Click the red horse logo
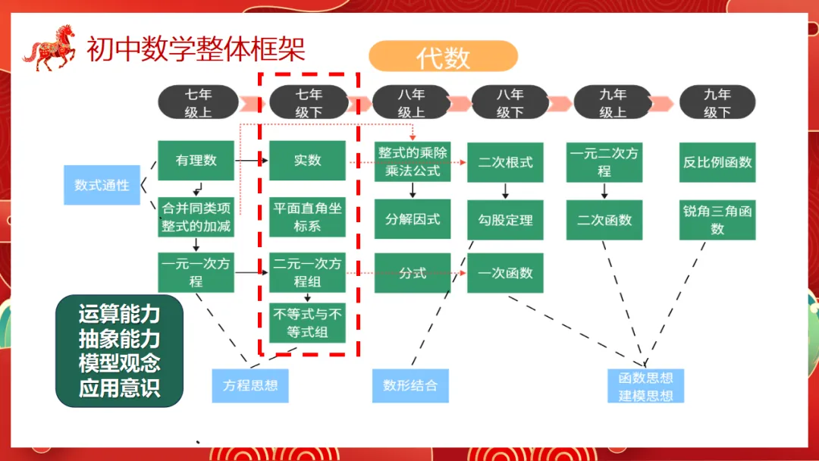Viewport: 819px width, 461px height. (50, 48)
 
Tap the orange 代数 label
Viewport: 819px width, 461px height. (443, 57)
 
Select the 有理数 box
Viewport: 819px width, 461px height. (196, 161)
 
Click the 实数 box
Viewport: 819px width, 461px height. (308, 161)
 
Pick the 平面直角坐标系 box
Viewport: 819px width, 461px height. (308, 216)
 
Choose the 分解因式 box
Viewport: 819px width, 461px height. (413, 219)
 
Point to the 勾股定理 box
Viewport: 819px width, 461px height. (505, 220)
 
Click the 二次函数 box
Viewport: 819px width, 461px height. (604, 220)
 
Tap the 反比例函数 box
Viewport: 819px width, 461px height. (717, 162)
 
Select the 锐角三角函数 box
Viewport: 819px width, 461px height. (717, 220)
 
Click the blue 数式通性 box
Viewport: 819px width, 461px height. (102, 184)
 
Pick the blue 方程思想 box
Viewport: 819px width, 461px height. (250, 385)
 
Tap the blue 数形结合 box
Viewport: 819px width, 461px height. (410, 385)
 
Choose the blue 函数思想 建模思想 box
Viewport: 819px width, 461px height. (645, 386)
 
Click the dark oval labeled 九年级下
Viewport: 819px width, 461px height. (717, 102)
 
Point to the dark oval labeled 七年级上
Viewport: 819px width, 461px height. (198, 102)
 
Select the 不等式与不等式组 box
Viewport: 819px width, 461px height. (308, 322)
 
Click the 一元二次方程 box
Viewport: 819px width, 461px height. (604, 162)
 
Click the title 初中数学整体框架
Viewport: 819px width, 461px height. (196, 49)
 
